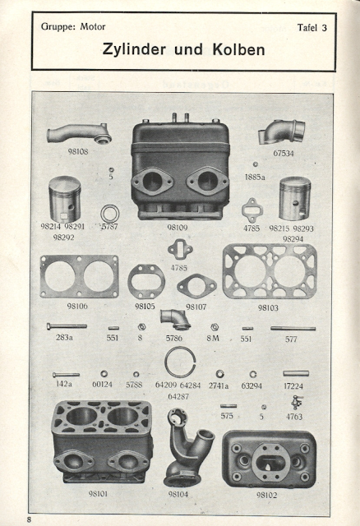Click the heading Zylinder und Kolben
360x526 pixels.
(183, 49)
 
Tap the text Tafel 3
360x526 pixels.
(312, 27)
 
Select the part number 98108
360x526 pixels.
(78, 151)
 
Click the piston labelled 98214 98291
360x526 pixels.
(65, 199)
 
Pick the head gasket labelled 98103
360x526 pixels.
(270, 271)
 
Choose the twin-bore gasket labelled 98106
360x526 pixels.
(79, 276)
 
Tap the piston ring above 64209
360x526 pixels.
(180, 362)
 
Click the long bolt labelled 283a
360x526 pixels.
(67, 325)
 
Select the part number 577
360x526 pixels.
(291, 339)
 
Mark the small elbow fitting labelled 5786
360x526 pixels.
(175, 320)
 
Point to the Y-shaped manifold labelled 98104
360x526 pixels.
(187, 448)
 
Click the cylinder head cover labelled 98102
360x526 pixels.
(269, 459)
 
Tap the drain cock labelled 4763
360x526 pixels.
(297, 401)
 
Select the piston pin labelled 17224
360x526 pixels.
(296, 373)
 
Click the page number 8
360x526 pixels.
(29, 519)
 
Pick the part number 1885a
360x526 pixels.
(255, 177)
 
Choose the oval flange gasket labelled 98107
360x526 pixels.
(196, 285)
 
